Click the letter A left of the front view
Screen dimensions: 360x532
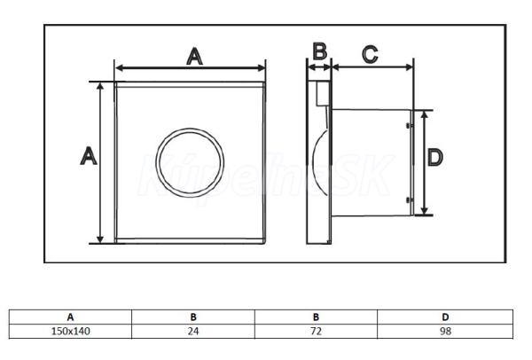[x=88, y=157]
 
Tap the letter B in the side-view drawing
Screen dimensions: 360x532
[x=320, y=50]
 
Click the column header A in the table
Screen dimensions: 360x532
[x=70, y=316]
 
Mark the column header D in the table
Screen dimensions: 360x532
[x=445, y=316]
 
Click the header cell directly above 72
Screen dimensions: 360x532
[x=316, y=316]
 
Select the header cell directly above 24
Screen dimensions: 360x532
[x=192, y=316]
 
